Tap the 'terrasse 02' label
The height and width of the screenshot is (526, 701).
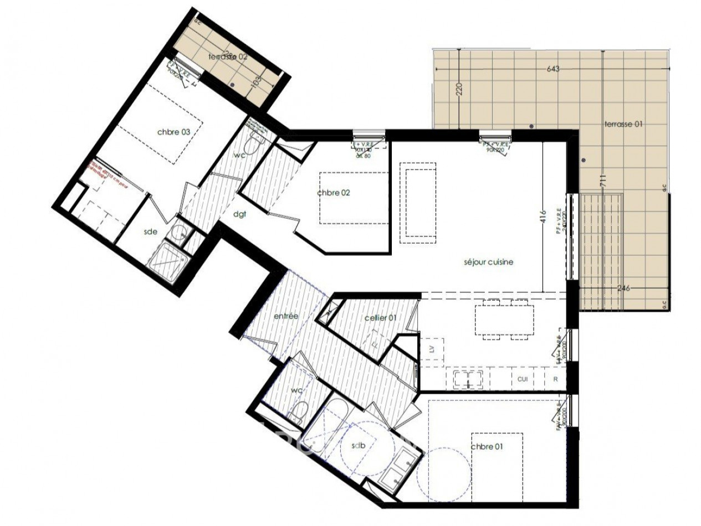(x=227, y=56)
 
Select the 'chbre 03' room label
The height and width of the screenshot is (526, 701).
(x=173, y=132)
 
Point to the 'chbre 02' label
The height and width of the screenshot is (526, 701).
(x=333, y=193)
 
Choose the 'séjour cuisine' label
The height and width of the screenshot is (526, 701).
(x=488, y=262)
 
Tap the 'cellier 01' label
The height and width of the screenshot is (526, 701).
(x=380, y=318)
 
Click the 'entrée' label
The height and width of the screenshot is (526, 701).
(x=286, y=316)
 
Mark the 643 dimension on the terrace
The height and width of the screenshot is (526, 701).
(x=552, y=69)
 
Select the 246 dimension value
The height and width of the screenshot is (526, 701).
(x=624, y=288)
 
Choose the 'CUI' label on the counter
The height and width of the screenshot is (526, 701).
(x=522, y=379)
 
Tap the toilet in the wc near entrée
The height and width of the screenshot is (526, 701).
(x=300, y=411)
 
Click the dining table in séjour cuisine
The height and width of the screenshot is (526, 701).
(x=504, y=320)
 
